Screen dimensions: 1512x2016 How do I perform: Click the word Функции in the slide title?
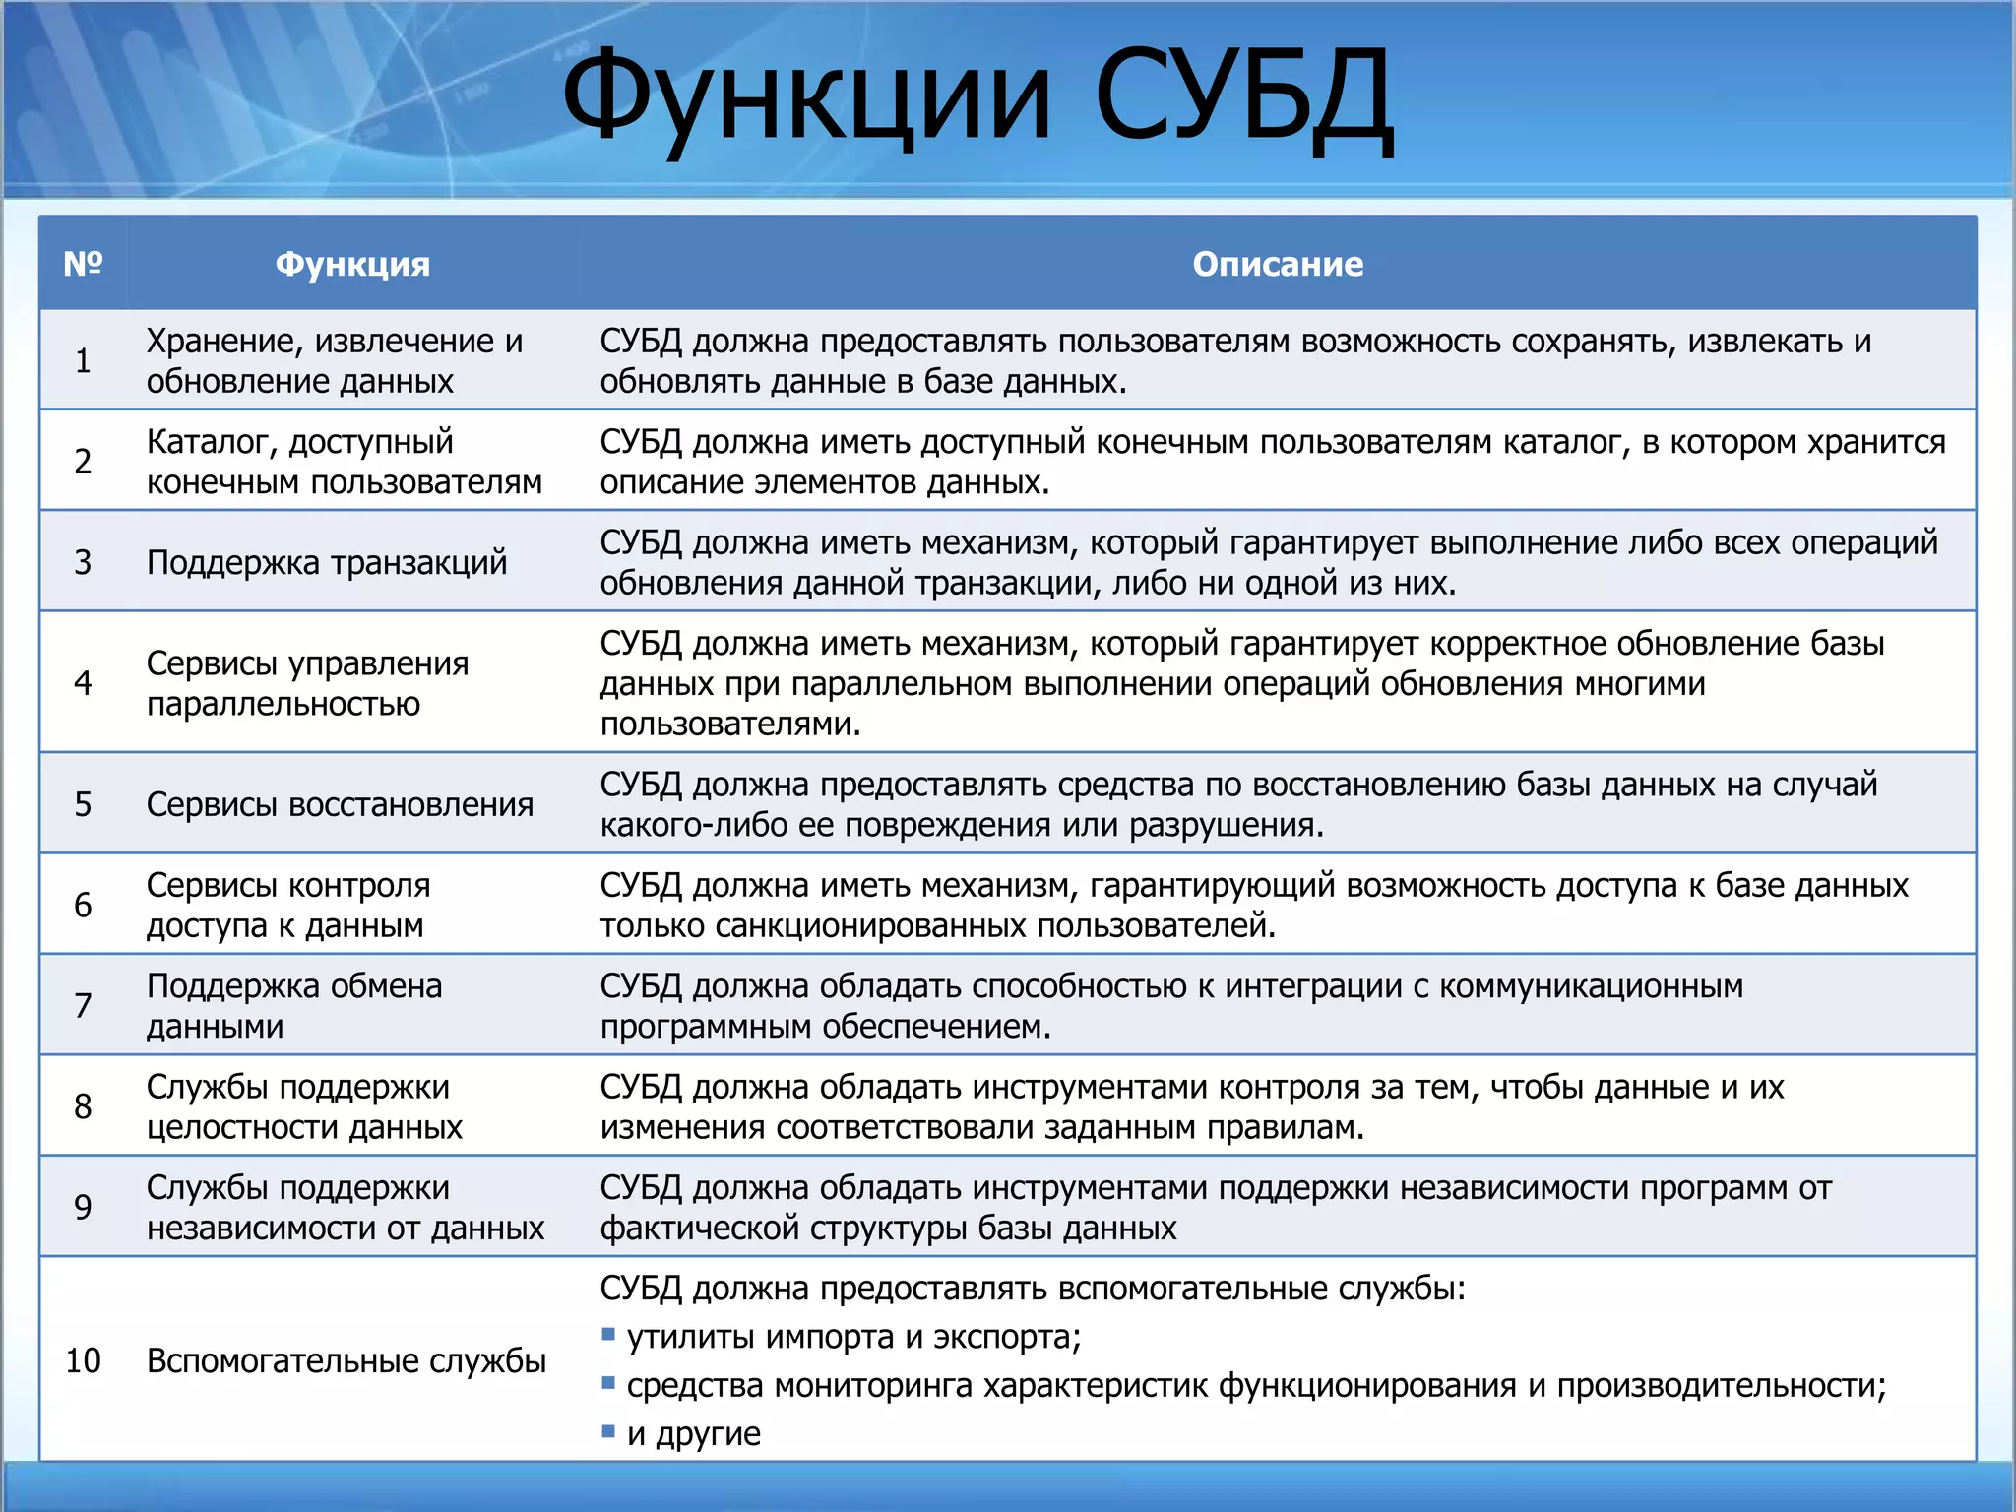(807, 98)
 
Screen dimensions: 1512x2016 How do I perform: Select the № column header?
(83, 264)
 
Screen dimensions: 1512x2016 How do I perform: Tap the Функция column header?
(352, 264)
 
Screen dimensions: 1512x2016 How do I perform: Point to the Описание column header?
(1278, 264)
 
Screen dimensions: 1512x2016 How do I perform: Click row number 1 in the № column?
(83, 361)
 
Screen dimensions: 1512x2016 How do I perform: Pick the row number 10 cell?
(83, 1360)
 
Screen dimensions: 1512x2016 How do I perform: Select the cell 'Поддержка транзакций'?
(327, 562)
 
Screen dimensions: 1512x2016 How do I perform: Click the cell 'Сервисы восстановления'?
(340, 804)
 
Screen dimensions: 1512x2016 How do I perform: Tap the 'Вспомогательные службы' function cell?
(346, 1360)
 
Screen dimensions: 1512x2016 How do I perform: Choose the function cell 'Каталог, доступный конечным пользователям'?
(345, 462)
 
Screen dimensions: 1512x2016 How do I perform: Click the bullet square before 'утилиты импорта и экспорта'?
(608, 1335)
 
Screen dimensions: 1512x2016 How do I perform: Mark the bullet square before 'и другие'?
(608, 1431)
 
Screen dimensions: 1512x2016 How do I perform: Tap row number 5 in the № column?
(83, 804)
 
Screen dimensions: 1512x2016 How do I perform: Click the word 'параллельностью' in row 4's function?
(283, 704)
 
